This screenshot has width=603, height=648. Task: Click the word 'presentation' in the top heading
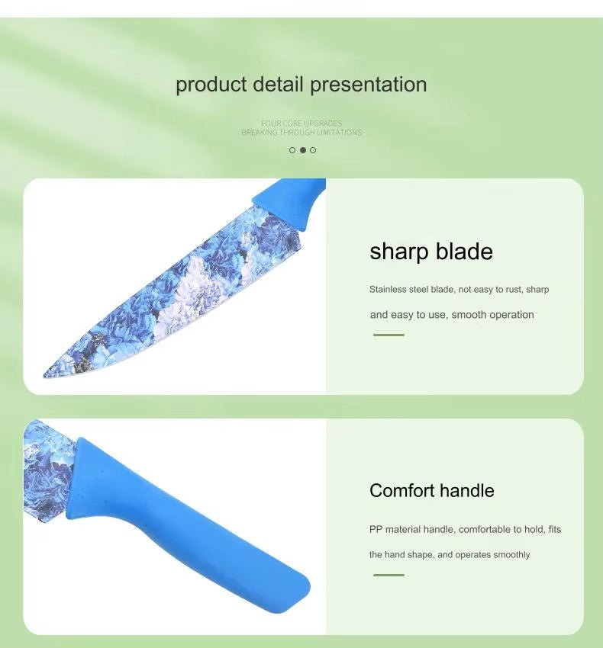(368, 85)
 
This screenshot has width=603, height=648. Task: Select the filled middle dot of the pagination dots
(302, 150)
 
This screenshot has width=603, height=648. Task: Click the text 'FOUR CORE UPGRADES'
(301, 123)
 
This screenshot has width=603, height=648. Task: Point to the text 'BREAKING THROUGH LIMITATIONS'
(301, 133)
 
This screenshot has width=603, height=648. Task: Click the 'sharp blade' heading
(431, 252)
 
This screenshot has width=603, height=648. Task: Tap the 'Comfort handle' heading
(431, 490)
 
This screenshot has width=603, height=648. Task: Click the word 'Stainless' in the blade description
(389, 290)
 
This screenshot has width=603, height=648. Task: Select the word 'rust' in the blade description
(512, 290)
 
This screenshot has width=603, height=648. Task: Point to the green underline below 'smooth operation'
(389, 335)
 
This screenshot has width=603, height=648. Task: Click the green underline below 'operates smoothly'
(389, 575)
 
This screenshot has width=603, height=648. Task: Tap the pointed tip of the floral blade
(47, 374)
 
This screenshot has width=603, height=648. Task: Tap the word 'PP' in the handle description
(376, 529)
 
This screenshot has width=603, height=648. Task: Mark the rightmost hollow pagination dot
(313, 150)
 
